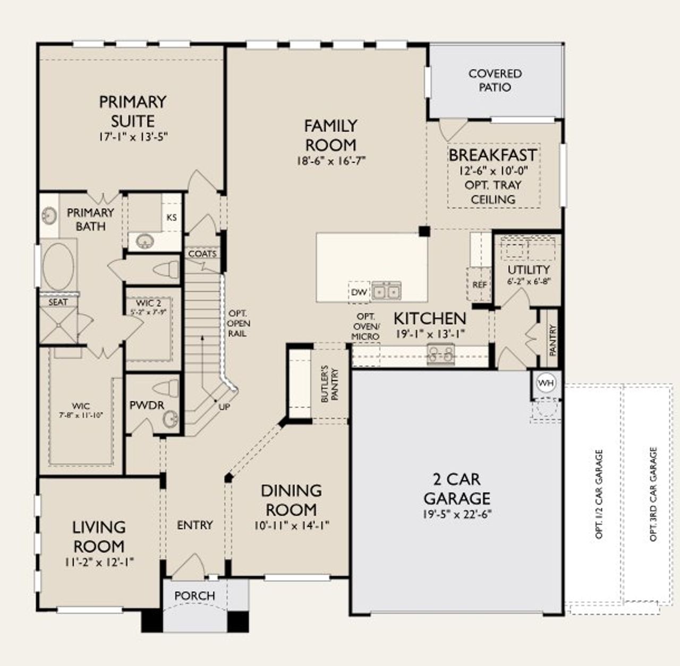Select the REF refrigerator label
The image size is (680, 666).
point(479,285)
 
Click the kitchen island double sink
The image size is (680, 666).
point(386,291)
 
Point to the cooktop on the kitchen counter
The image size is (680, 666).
point(441,354)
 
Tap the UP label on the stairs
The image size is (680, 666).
point(225,406)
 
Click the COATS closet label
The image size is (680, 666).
point(202,254)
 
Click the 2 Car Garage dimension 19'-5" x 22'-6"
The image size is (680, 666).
point(457,514)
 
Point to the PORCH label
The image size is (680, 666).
point(195,596)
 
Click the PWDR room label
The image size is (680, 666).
point(147,405)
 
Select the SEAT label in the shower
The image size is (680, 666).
point(58,302)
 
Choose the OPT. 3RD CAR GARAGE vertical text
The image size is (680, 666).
point(653,494)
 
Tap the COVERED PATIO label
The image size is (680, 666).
point(495,80)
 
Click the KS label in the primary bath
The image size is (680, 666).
point(172,218)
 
